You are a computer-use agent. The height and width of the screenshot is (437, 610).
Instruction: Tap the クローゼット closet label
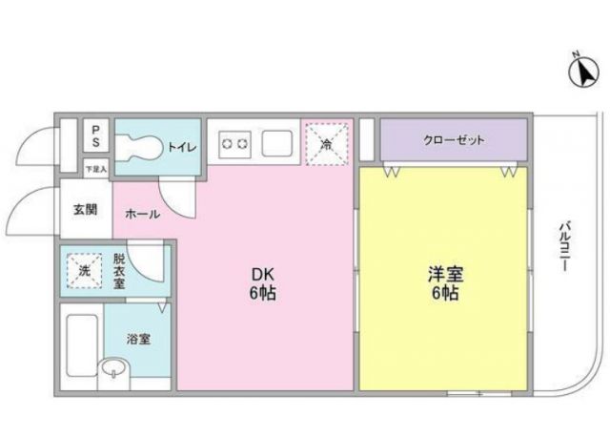pyautogui.click(x=454, y=140)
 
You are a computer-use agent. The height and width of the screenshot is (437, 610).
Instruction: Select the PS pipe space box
pyautogui.click(x=96, y=135)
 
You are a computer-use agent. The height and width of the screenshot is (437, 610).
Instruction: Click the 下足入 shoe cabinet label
pyautogui.click(x=96, y=169)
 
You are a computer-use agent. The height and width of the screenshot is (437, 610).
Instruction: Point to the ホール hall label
pyautogui.click(x=142, y=215)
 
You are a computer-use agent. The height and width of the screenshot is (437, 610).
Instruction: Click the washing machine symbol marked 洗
pyautogui.click(x=84, y=270)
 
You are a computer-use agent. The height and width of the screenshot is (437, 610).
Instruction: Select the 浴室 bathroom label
pyautogui.click(x=138, y=339)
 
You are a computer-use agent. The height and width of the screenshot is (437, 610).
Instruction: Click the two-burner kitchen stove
pyautogui.click(x=234, y=144)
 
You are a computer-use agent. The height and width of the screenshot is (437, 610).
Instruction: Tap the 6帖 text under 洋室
pyautogui.click(x=443, y=294)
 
